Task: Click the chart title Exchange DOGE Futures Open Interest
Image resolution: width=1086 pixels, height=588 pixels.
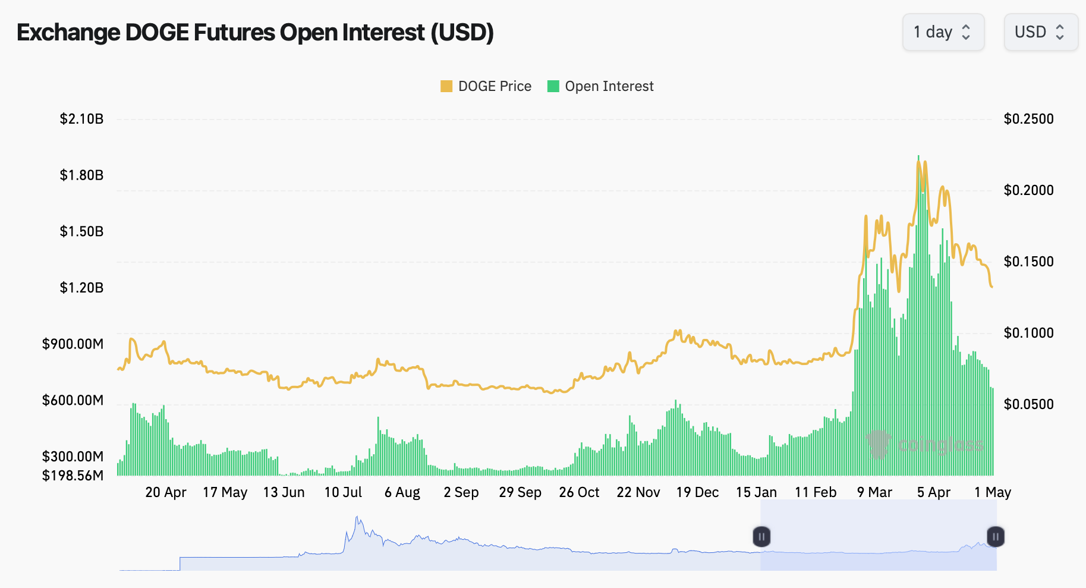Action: (255, 33)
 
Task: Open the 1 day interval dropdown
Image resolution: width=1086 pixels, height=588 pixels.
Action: (943, 32)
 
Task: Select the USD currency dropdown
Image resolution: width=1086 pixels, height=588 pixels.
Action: (1040, 32)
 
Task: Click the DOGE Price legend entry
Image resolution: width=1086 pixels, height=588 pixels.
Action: (486, 87)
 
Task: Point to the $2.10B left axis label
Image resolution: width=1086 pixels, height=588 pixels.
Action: (81, 119)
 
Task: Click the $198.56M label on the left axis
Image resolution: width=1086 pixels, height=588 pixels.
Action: (73, 476)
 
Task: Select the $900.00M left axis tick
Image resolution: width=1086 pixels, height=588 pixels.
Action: (73, 344)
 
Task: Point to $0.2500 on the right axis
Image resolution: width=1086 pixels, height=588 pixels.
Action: (1028, 119)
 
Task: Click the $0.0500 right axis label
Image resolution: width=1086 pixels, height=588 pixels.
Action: (1028, 404)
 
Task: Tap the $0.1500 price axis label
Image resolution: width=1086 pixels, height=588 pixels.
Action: (1028, 262)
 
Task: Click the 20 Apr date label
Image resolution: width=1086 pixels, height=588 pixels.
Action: (166, 492)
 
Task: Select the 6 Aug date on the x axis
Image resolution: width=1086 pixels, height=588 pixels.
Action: (402, 492)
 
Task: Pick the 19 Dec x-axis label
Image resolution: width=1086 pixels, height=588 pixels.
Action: (697, 492)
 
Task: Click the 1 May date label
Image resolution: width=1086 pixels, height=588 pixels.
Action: (993, 492)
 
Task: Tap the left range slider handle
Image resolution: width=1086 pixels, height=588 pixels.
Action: (761, 537)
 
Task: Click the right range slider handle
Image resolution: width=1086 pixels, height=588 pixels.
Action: (996, 537)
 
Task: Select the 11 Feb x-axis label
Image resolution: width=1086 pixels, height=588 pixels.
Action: (816, 492)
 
